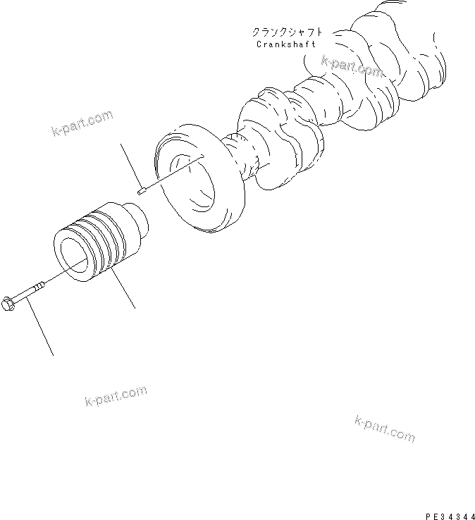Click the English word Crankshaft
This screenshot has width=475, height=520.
click(287, 44)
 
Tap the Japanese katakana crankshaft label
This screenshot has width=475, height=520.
click(288, 32)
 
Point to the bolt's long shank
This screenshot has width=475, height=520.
click(32, 290)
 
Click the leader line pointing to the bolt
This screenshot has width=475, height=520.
click(40, 330)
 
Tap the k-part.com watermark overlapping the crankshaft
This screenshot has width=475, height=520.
click(352, 67)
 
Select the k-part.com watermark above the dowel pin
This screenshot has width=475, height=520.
click(82, 123)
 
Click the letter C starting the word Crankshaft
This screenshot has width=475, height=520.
click(260, 44)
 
